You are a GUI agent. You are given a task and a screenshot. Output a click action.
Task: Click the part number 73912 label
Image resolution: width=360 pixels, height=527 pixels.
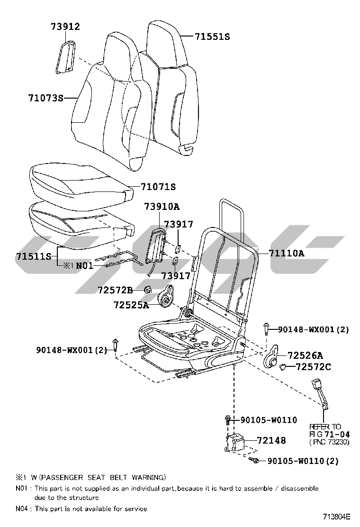coord(65,26)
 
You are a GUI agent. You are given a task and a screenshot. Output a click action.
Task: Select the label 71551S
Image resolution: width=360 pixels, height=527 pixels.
coord(213,36)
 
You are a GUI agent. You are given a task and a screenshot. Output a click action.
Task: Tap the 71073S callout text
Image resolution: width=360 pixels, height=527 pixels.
coord(45,98)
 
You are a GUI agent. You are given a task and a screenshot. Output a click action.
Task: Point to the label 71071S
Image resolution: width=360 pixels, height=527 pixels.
coord(158,187)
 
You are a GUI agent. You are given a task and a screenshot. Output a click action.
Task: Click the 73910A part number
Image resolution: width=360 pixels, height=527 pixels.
coord(162,206)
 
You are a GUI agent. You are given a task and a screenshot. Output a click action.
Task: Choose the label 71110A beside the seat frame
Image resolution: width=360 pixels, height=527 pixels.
coord(287,253)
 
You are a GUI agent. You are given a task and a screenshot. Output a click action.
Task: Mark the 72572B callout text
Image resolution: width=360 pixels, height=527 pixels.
coord(115,290)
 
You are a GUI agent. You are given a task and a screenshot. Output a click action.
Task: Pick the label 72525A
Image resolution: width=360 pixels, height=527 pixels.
coord(131,305)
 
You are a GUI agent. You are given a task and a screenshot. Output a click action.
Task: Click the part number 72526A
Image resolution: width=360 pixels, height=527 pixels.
coord(305,355)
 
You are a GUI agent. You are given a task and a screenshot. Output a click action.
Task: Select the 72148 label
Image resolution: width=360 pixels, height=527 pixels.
coord(271,440)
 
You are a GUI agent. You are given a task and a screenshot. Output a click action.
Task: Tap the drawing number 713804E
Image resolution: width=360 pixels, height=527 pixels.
coord(337,517)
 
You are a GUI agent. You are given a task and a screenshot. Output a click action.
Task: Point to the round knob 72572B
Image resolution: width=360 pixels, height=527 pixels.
coord(148,289)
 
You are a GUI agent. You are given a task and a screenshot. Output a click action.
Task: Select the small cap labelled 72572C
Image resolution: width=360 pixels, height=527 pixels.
coord(282,367)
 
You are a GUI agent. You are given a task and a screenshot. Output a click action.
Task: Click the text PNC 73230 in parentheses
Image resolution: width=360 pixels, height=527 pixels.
coord(329,442)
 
